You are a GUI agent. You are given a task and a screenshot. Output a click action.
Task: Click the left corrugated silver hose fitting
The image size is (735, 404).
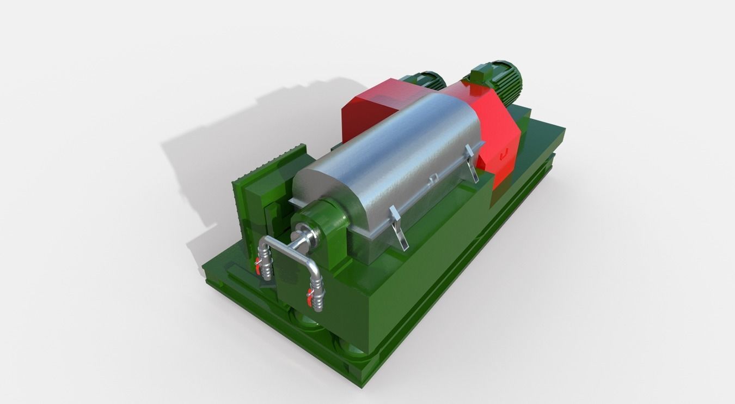point(266,262)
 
